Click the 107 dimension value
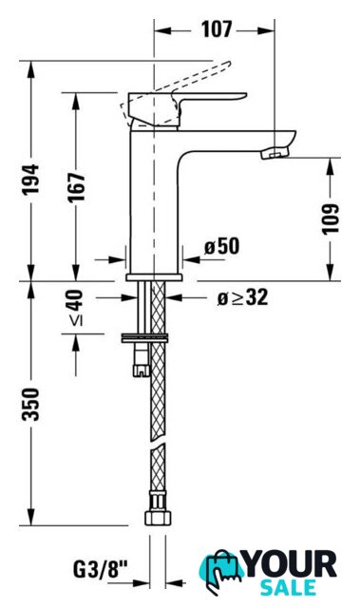click(217, 29)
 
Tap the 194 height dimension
click(30, 180)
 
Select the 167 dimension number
click(76, 188)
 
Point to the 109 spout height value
click(331, 218)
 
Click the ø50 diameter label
click(222, 246)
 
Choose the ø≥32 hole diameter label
click(242, 297)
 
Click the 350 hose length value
click(30, 404)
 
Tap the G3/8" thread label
click(101, 570)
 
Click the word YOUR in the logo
click(291, 565)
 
